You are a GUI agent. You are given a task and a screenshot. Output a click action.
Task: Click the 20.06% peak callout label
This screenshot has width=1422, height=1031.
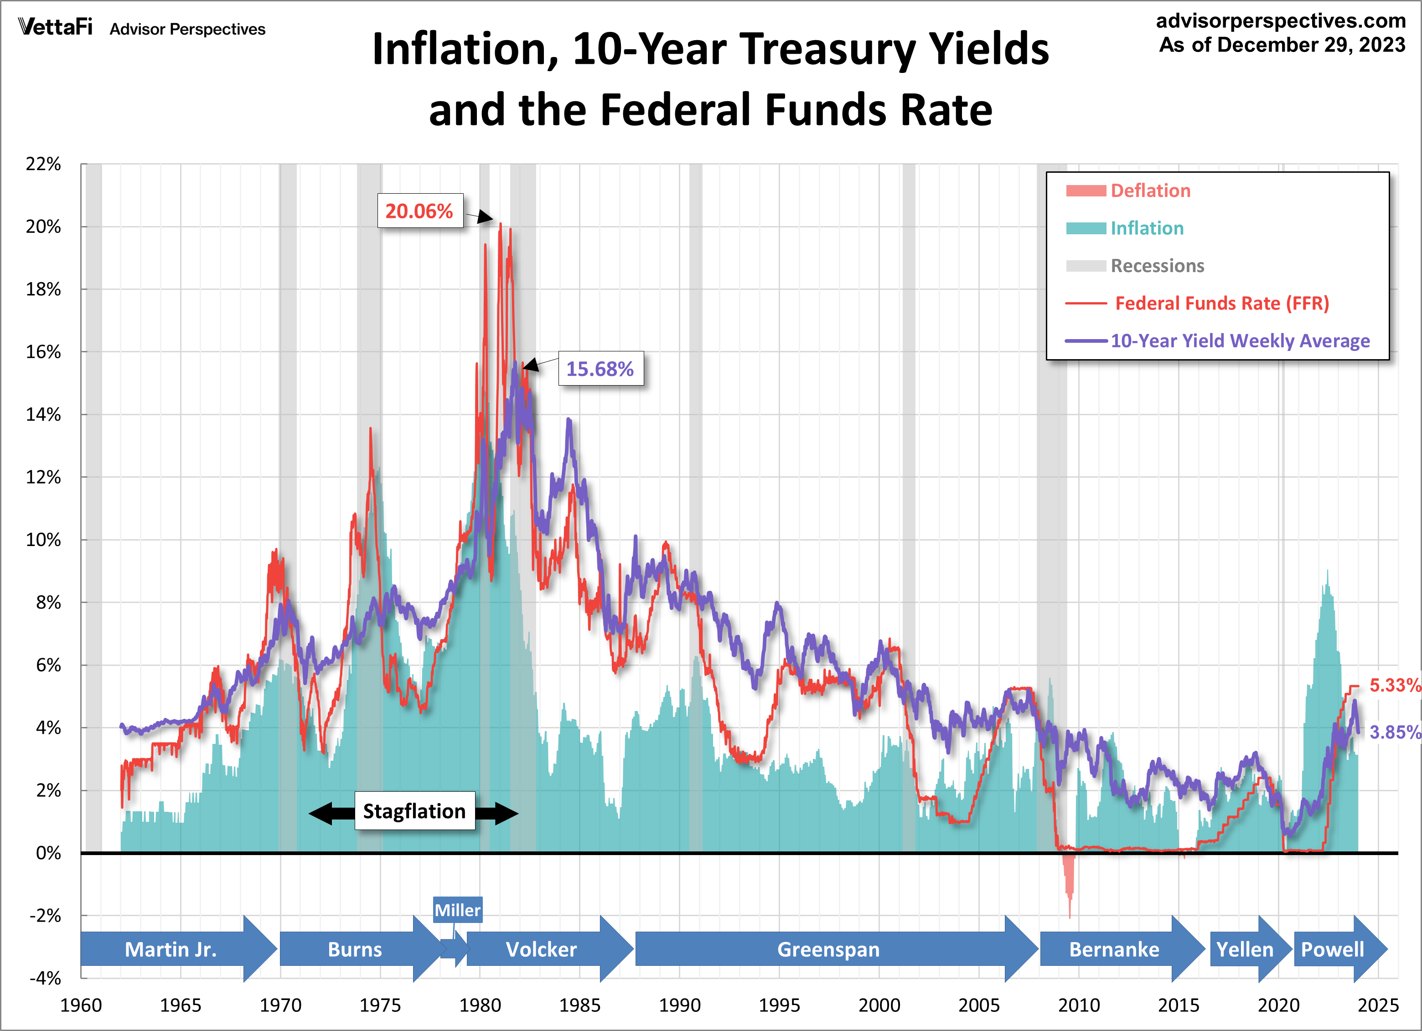[419, 211]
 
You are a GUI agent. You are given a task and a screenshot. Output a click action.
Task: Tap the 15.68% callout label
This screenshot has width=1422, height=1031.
[600, 369]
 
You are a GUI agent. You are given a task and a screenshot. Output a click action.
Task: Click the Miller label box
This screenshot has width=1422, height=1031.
[458, 910]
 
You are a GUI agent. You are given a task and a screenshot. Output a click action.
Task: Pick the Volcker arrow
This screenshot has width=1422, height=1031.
[542, 949]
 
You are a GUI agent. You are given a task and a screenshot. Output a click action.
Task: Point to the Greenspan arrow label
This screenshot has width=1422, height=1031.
[828, 949]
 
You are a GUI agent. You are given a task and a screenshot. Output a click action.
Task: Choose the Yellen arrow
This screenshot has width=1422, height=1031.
[1245, 949]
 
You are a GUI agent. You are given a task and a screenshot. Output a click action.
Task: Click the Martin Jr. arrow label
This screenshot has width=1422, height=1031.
[171, 949]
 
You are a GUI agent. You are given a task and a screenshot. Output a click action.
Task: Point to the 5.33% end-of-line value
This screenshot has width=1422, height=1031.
[1394, 685]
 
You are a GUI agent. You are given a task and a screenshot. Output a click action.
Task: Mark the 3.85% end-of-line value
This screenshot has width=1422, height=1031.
[1394, 732]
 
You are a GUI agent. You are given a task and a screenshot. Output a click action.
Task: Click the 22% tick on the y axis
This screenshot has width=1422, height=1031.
[43, 164]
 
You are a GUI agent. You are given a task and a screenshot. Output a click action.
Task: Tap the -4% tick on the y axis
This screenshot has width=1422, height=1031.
[45, 978]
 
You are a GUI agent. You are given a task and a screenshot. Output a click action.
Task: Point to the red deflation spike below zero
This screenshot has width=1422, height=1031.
[1068, 884]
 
